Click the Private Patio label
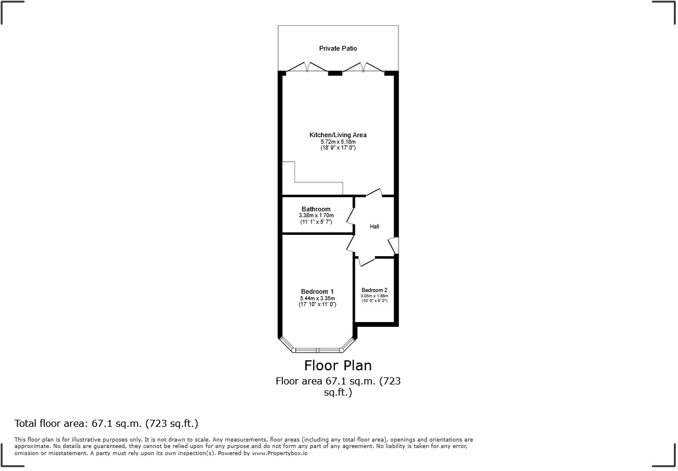pos(338,48)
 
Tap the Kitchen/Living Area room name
pos(338,135)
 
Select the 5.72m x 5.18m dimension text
pos(338,142)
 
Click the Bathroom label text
pos(316,209)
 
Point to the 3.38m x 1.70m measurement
pos(316,215)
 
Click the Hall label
pos(374,227)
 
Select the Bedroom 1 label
pos(317,291)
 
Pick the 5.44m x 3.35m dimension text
pos(317,298)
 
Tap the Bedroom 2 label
pos(374,290)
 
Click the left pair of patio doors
pos(307,68)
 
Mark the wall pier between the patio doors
pos(335,73)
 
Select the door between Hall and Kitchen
pos(374,193)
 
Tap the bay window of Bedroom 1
pos(317,350)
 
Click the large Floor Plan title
pos(338,366)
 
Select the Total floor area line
pos(107,423)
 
